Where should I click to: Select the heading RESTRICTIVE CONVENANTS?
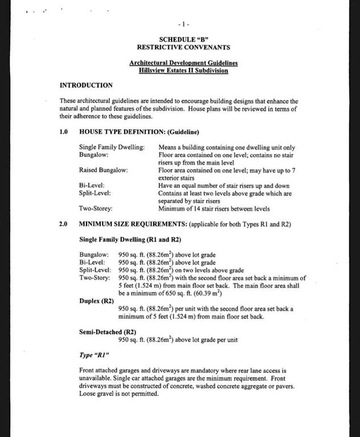pos(183,47)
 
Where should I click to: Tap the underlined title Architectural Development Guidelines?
pos(183,63)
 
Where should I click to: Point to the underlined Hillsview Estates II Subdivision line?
pos(183,71)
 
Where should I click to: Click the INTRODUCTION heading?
pos(86,85)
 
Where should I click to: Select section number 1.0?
pos(64,132)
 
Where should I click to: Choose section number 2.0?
pos(64,224)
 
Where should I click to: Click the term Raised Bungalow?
pos(103,170)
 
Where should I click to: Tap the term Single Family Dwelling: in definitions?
pos(112,147)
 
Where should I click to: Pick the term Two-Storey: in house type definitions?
pos(96,209)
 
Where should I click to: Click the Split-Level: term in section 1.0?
pos(94,193)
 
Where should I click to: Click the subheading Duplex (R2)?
pos(96,300)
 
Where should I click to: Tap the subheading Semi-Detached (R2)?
pos(107,332)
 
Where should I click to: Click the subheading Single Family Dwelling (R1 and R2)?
pos(130,239)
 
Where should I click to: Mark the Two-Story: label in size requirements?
pos(95,278)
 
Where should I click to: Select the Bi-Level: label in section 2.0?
pos(92,262)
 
